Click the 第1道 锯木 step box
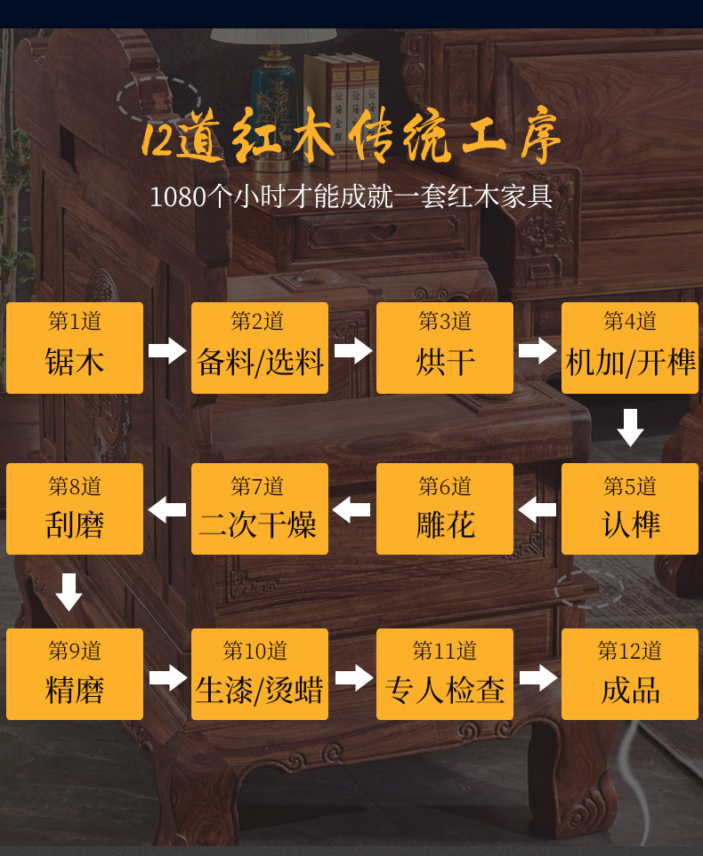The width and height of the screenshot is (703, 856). click(x=75, y=348)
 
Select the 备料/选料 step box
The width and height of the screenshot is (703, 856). click(x=260, y=348)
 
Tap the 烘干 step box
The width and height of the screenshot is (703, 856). click(x=445, y=348)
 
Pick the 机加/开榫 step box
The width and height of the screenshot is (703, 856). click(x=630, y=348)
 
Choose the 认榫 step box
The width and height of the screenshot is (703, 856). click(x=630, y=508)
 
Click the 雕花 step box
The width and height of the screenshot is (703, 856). click(x=445, y=508)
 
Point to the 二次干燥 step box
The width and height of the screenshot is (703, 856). click(x=260, y=508)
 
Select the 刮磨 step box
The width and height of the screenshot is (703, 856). click(x=75, y=508)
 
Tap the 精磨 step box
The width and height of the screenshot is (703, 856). click(x=75, y=674)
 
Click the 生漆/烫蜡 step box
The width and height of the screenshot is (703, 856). click(x=260, y=674)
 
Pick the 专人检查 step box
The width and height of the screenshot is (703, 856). click(x=445, y=674)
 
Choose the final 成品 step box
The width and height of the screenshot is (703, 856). click(x=630, y=674)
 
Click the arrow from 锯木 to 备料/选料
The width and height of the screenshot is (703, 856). click(x=167, y=350)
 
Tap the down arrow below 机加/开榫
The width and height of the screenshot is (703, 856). click(x=630, y=428)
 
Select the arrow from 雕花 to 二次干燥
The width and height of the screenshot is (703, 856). click(x=351, y=509)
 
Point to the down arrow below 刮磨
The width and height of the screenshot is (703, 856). click(x=69, y=592)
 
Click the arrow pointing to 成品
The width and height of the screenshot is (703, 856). click(x=537, y=678)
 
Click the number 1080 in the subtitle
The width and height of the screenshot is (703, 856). click(x=177, y=196)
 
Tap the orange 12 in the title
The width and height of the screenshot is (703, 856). click(x=158, y=140)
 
